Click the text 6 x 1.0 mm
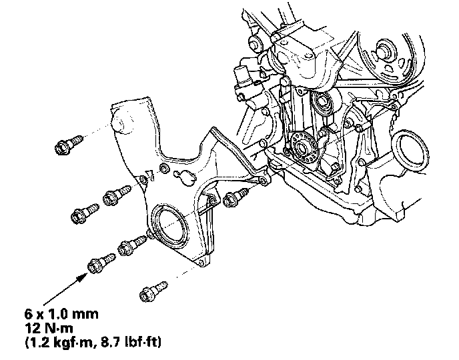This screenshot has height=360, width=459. click(x=61, y=314)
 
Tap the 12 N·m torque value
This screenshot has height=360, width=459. click(x=49, y=329)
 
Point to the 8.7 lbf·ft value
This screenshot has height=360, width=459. click(x=131, y=343)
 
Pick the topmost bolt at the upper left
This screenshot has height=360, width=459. click(x=69, y=143)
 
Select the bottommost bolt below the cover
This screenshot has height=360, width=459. click(x=153, y=291)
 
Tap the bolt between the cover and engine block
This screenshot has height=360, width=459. click(x=236, y=197)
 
